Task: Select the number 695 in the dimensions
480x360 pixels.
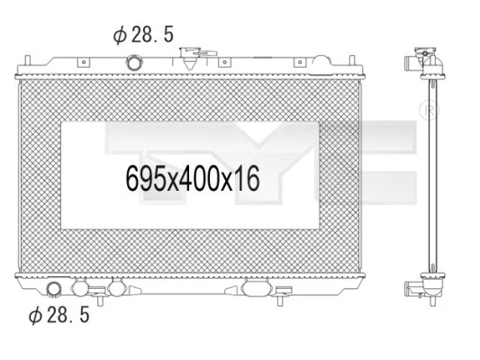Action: click(144, 177)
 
